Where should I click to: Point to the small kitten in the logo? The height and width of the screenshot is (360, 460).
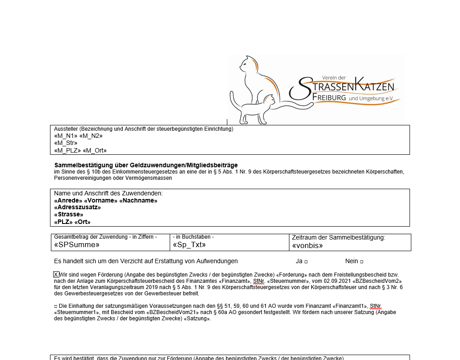(x=257, y=108)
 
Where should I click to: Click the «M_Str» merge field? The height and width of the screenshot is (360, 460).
(x=66, y=143)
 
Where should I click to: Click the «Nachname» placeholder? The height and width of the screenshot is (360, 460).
(x=138, y=201)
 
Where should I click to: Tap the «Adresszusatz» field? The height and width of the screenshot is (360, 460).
(x=77, y=207)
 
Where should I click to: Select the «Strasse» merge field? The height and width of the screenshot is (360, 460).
(x=68, y=215)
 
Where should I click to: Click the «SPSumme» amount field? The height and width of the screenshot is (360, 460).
(x=76, y=245)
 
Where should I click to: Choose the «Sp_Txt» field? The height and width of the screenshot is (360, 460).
(x=189, y=245)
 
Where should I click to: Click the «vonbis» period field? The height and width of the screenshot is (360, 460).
(x=307, y=245)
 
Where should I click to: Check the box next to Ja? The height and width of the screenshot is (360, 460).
(x=306, y=261)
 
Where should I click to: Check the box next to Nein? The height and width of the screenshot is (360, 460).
(x=361, y=261)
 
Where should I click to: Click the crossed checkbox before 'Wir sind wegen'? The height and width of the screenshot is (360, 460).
(x=56, y=274)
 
